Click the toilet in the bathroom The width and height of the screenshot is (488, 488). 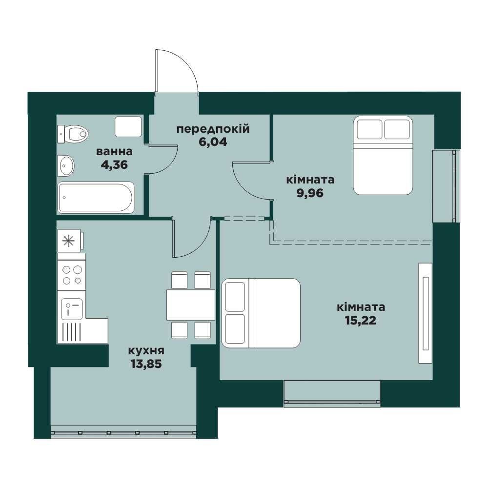pos(73,134)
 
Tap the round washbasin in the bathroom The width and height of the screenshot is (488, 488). pos(66,165)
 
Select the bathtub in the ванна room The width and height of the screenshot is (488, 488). pos(96,198)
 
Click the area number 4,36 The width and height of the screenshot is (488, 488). pos(114,164)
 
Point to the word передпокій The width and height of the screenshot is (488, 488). pos(213,129)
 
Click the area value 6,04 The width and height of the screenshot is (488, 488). pos(213,142)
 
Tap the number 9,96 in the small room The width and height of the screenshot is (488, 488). pos(310,193)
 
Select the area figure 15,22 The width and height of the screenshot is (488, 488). pos(361,321)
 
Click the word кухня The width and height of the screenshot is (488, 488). pos(146,351)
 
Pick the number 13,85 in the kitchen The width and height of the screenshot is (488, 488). pos(146,364)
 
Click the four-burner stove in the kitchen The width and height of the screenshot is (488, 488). pos(72,275)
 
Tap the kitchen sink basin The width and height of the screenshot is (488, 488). pos(72,309)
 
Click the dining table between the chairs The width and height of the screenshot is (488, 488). pos(191,305)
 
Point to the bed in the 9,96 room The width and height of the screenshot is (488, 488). pos(383,156)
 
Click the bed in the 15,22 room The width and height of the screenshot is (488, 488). pos(261,313)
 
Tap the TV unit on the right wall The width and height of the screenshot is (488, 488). pos(426,313)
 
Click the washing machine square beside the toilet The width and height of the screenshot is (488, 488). pos(128,126)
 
